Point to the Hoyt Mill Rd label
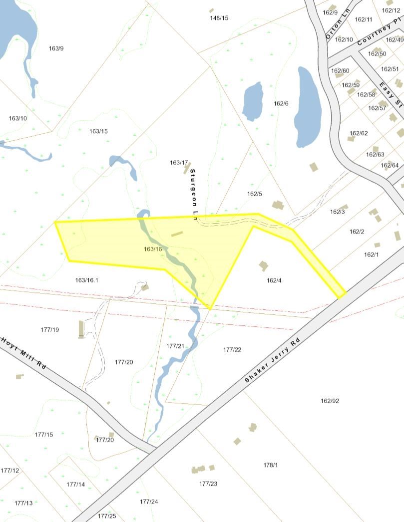23,352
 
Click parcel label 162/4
274,280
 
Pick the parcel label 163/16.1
87,280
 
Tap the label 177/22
232,350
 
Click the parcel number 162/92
330,401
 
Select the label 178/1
270,465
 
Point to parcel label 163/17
179,163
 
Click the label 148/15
219,18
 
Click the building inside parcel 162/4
263,265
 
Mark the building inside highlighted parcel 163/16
177,233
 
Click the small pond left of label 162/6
253,101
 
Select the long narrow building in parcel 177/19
81,329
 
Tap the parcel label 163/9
56,48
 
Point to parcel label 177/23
208,484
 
